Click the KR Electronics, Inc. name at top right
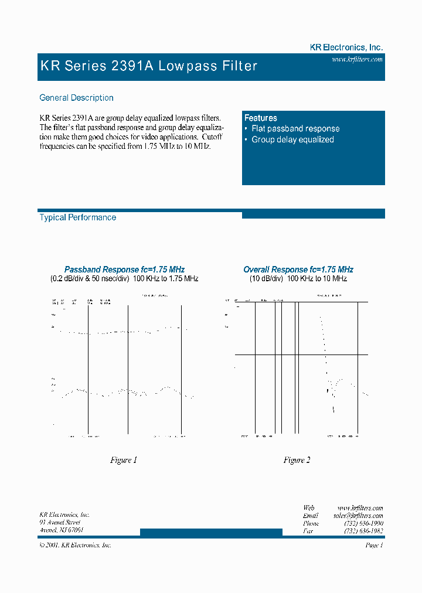click(346, 47)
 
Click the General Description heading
click(76, 98)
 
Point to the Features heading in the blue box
click(261, 118)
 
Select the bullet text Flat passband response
click(295, 128)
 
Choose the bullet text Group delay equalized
click(292, 139)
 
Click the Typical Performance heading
click(77, 217)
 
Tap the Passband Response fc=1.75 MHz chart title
click(124, 270)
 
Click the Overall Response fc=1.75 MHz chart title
click(298, 270)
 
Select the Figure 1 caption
click(124, 460)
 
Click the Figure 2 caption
click(297, 460)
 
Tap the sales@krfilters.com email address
click(358, 516)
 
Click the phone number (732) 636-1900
click(363, 523)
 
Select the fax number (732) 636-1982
click(363, 531)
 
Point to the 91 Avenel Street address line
click(60, 522)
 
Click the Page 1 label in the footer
click(374, 545)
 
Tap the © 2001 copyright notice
click(75, 545)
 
